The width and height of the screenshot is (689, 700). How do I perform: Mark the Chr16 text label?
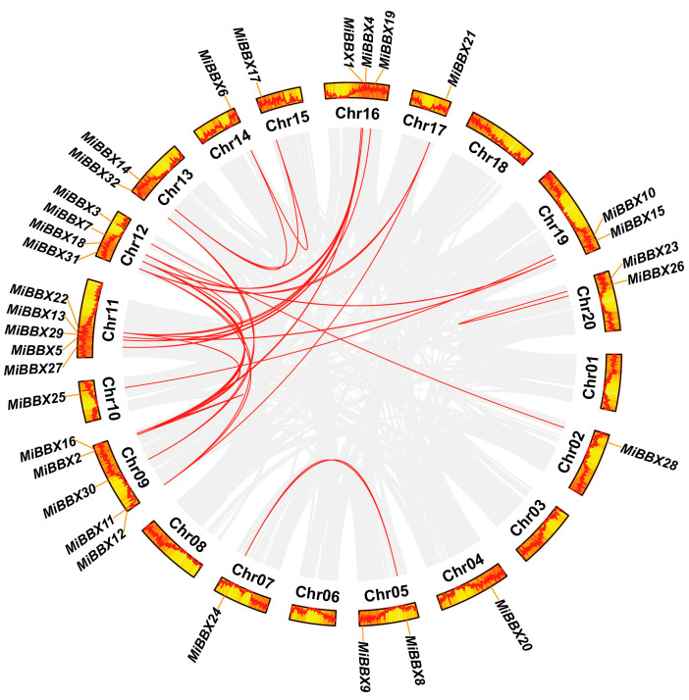357,113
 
